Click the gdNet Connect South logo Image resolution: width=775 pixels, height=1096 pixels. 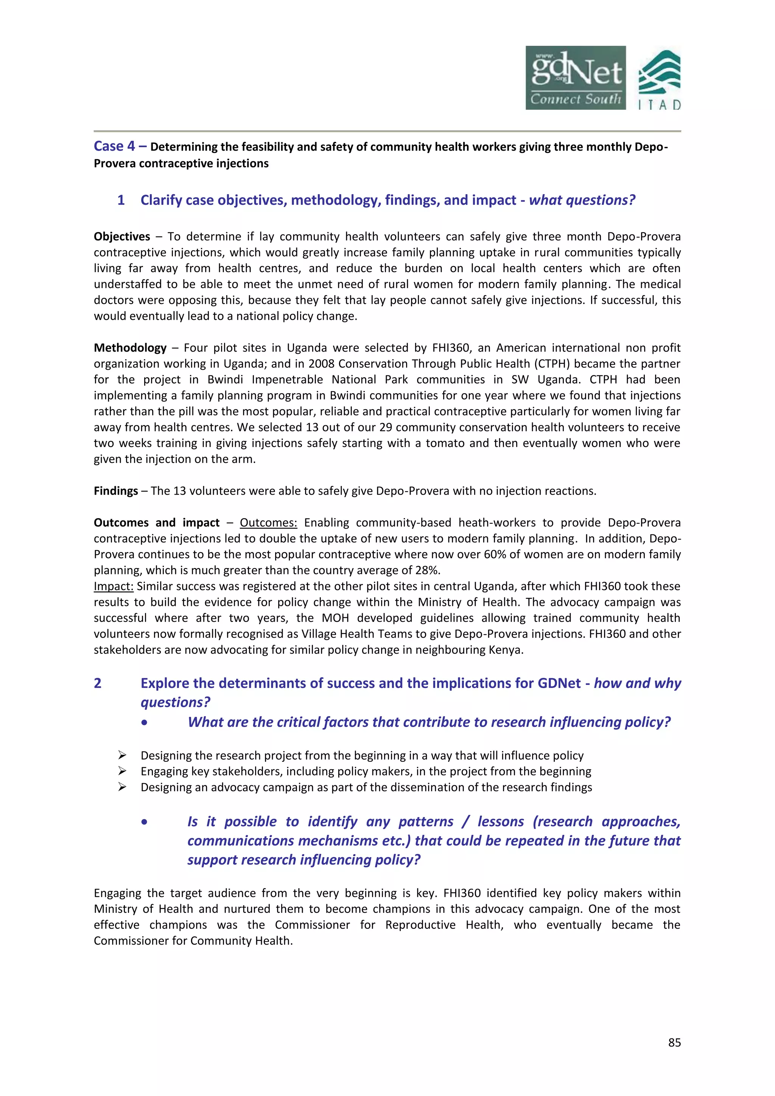[576, 78]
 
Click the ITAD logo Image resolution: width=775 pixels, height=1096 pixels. [659, 80]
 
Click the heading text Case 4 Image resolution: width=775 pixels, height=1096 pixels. [115, 146]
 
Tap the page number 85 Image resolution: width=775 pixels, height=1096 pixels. [674, 1043]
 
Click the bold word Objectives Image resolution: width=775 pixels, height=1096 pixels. [122, 237]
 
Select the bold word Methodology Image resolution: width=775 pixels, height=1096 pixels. [130, 348]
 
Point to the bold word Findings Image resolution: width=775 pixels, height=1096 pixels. [115, 491]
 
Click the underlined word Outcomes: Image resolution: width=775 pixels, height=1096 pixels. [268, 523]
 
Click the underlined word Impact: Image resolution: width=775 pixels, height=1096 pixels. [113, 586]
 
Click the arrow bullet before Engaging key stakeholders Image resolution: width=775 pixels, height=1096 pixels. [122, 771]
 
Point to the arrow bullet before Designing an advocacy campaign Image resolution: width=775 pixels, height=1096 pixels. [122, 787]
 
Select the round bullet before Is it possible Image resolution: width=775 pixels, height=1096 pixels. [144, 822]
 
